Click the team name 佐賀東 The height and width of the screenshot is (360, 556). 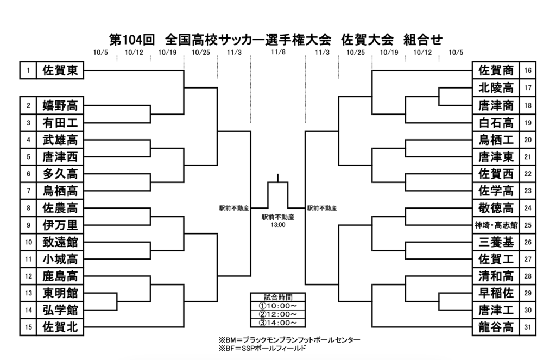pyautogui.click(x=60, y=71)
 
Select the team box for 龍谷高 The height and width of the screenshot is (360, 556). pyautogui.click(x=496, y=327)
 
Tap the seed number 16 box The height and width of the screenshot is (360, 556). pyautogui.click(x=528, y=71)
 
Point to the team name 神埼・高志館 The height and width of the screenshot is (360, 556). pyautogui.click(x=496, y=224)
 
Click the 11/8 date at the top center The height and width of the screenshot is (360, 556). pyautogui.click(x=277, y=53)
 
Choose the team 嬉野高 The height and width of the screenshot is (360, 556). pyautogui.click(x=60, y=105)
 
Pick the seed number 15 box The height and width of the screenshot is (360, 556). pyautogui.click(x=27, y=327)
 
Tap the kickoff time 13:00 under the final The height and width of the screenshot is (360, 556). pyautogui.click(x=277, y=224)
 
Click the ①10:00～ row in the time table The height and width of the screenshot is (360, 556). pyautogui.click(x=277, y=306)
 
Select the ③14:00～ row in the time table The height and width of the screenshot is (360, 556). pyautogui.click(x=277, y=323)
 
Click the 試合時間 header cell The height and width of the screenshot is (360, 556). pyautogui.click(x=277, y=297)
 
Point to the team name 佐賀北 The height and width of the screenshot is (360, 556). pyautogui.click(x=60, y=327)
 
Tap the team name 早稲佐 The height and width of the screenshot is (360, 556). pyautogui.click(x=496, y=293)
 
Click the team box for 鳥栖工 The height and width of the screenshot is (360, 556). pyautogui.click(x=496, y=140)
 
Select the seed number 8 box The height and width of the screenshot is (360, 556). pyautogui.click(x=27, y=207)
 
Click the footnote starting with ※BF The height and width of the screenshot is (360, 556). pyautogui.click(x=262, y=348)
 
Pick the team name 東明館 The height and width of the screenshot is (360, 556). pyautogui.click(x=60, y=293)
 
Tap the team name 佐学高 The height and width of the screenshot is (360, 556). pyautogui.click(x=496, y=191)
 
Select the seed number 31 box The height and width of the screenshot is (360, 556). pyautogui.click(x=528, y=327)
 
